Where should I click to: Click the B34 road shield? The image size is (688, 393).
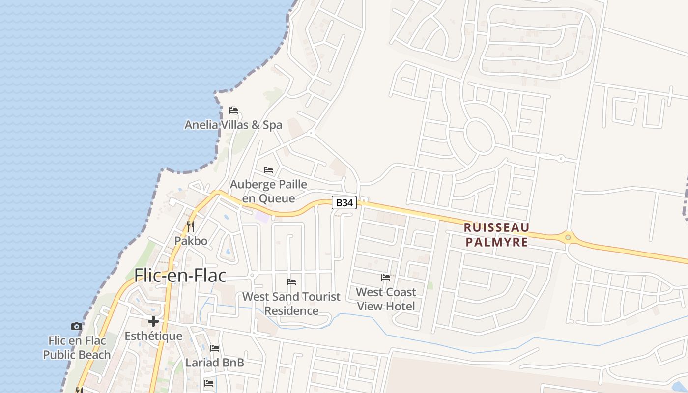[x=344, y=202]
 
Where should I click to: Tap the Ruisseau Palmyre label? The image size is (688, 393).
[x=497, y=234]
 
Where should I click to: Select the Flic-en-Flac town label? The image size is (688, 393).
[x=180, y=275]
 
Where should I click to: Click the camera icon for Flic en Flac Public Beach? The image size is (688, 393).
[x=77, y=326]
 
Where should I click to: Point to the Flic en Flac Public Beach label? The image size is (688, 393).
[x=77, y=347]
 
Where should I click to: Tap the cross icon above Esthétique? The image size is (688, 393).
[x=153, y=321]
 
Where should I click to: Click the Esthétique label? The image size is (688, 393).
[x=153, y=336]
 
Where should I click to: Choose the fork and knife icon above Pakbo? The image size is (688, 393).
[x=191, y=226]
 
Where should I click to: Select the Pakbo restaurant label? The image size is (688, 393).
[x=191, y=241]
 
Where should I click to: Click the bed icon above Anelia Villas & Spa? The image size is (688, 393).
[x=233, y=110]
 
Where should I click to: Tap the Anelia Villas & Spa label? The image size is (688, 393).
[x=233, y=125]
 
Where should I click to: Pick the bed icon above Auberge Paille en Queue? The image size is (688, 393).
[x=268, y=170]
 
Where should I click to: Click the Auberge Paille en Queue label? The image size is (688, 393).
[x=268, y=191]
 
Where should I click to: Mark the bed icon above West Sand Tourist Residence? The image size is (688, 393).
[x=291, y=282]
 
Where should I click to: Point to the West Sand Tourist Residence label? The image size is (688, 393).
[x=291, y=304]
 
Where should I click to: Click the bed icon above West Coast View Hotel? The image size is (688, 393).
[x=386, y=278]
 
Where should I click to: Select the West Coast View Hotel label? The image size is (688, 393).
[x=386, y=299]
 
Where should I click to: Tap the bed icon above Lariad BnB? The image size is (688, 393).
[x=215, y=348]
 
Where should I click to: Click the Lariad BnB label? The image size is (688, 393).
[x=215, y=363]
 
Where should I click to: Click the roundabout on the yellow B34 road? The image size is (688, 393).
[x=568, y=238]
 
